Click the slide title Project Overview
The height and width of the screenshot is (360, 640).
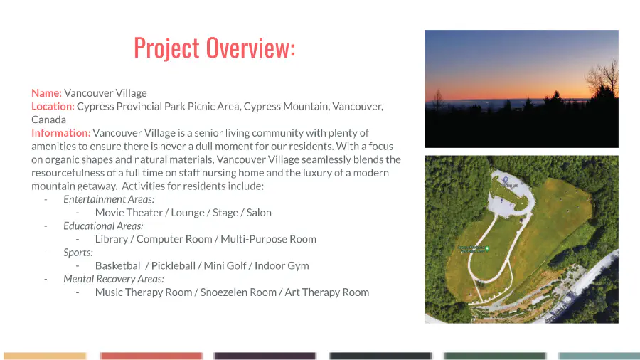pos(214,48)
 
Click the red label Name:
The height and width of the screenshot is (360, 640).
pos(46,93)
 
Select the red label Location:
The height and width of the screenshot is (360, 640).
pos(53,107)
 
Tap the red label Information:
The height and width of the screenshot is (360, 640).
pos(60,133)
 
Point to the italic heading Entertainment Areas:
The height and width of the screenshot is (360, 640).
pos(109,199)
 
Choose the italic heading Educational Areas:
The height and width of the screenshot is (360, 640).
pos(103,226)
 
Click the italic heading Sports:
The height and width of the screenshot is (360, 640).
pos(78,253)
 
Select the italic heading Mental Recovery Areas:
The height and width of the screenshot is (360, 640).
pos(114,279)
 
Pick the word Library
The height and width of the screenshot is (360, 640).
pos(112,239)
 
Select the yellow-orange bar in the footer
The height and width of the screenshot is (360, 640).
pos(45,356)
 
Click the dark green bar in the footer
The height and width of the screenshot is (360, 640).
pos(495,356)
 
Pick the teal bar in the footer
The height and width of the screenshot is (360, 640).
pos(599,356)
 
